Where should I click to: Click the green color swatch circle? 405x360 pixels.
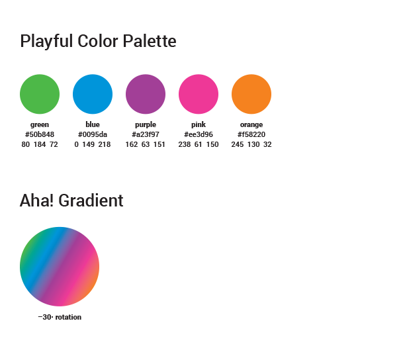[x=40, y=94]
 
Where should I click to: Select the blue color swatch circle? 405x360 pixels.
[x=93, y=94]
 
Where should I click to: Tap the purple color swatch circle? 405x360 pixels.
[x=146, y=94]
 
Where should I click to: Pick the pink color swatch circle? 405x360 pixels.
[x=199, y=94]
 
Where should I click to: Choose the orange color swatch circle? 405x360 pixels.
[x=251, y=94]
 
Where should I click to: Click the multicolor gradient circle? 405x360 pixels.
[x=60, y=267]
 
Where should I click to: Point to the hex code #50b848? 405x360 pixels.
[x=40, y=134]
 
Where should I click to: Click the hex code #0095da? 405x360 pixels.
[x=93, y=134]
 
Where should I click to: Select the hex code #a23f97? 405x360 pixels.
[x=146, y=134]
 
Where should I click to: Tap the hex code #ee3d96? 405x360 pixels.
[x=199, y=134]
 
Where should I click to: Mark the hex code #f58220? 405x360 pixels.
[x=251, y=134]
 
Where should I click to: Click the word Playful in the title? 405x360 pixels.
[x=46, y=42]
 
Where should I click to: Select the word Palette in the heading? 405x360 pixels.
[x=150, y=41]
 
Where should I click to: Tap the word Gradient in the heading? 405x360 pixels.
[x=91, y=201]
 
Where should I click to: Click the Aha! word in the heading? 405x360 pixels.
[x=36, y=201]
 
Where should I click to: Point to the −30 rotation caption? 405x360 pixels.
[x=60, y=317]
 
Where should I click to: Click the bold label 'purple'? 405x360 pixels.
[x=146, y=125]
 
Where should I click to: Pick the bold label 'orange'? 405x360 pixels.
[x=251, y=125]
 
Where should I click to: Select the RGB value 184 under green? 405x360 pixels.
[x=40, y=144]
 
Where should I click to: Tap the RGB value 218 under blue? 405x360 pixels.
[x=105, y=144]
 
